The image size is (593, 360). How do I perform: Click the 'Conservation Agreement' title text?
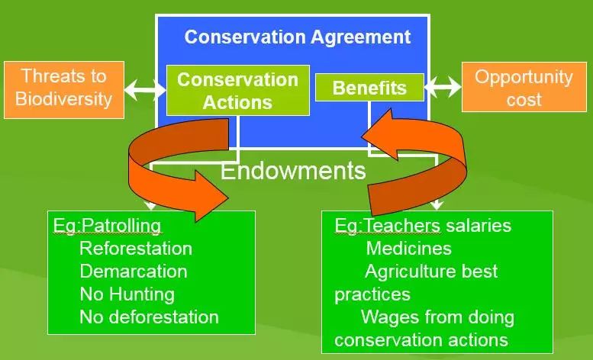point(297,37)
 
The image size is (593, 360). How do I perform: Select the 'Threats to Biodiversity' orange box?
point(64,90)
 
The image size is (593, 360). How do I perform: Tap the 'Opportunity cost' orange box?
point(524,87)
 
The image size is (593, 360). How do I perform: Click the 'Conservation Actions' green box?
point(238,90)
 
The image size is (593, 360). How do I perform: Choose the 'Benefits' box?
point(369,88)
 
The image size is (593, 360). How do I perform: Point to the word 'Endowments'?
point(293,171)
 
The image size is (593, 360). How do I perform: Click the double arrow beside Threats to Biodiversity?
point(145,90)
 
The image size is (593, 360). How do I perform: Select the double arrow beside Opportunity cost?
point(443,87)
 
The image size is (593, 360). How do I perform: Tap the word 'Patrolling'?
point(121,226)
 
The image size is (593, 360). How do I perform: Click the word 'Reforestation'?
point(136,249)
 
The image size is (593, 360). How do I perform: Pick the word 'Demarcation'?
point(134,272)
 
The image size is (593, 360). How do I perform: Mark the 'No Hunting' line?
point(127,294)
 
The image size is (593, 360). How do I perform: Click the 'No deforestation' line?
point(149,317)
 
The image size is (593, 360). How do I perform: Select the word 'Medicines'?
point(409,249)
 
